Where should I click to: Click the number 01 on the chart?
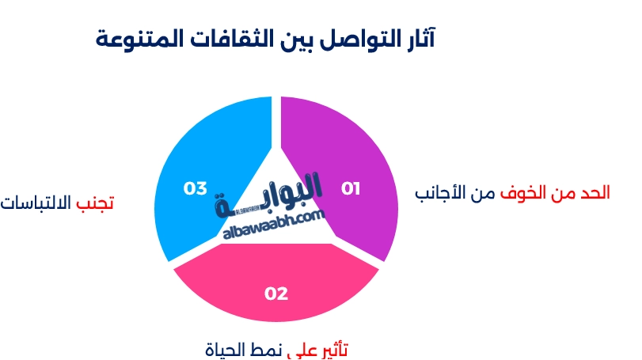pos(351,188)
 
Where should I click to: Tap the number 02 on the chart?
pos(276,294)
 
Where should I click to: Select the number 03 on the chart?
pos(196,188)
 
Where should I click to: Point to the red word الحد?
pos(595,193)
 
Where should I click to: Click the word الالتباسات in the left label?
pos(36,203)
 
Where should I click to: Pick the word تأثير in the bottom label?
pos(334,350)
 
